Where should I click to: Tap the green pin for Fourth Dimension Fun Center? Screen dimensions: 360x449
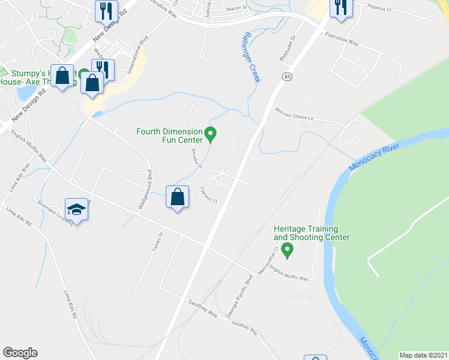210,134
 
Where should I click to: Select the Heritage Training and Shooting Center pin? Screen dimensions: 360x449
288,249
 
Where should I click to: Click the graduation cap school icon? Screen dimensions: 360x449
77,209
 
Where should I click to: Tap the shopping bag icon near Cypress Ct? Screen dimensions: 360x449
177,197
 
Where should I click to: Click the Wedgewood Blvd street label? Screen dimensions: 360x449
144,190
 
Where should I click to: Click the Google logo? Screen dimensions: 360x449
20,352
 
